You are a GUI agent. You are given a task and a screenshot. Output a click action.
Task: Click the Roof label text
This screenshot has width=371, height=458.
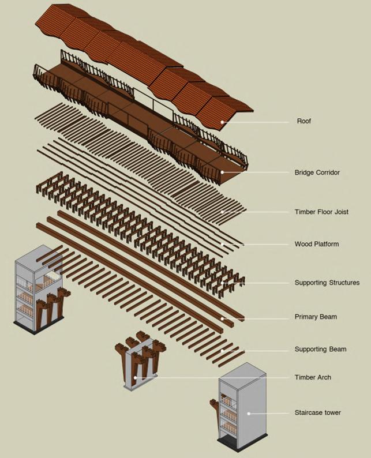coord(303,122)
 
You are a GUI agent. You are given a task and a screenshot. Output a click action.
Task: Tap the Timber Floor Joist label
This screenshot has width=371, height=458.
coord(321,212)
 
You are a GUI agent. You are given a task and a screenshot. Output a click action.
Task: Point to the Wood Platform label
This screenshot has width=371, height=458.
coord(316,245)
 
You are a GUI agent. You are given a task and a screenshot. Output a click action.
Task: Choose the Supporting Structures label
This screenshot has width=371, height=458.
coord(327,283)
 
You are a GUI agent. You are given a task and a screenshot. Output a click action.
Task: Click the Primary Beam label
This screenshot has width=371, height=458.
coord(316,317)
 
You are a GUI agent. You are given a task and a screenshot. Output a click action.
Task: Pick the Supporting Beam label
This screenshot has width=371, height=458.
coord(320,350)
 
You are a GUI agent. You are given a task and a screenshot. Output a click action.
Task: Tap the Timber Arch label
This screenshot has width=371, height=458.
coord(313,378)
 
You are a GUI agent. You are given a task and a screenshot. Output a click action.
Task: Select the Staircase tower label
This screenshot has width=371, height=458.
coord(317,413)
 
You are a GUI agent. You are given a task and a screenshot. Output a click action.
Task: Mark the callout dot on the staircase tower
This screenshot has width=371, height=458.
coord(249,413)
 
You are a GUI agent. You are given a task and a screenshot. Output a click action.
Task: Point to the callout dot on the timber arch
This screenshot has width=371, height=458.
coord(136,378)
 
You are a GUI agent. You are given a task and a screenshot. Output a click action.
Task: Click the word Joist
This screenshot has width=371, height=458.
coord(340,212)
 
